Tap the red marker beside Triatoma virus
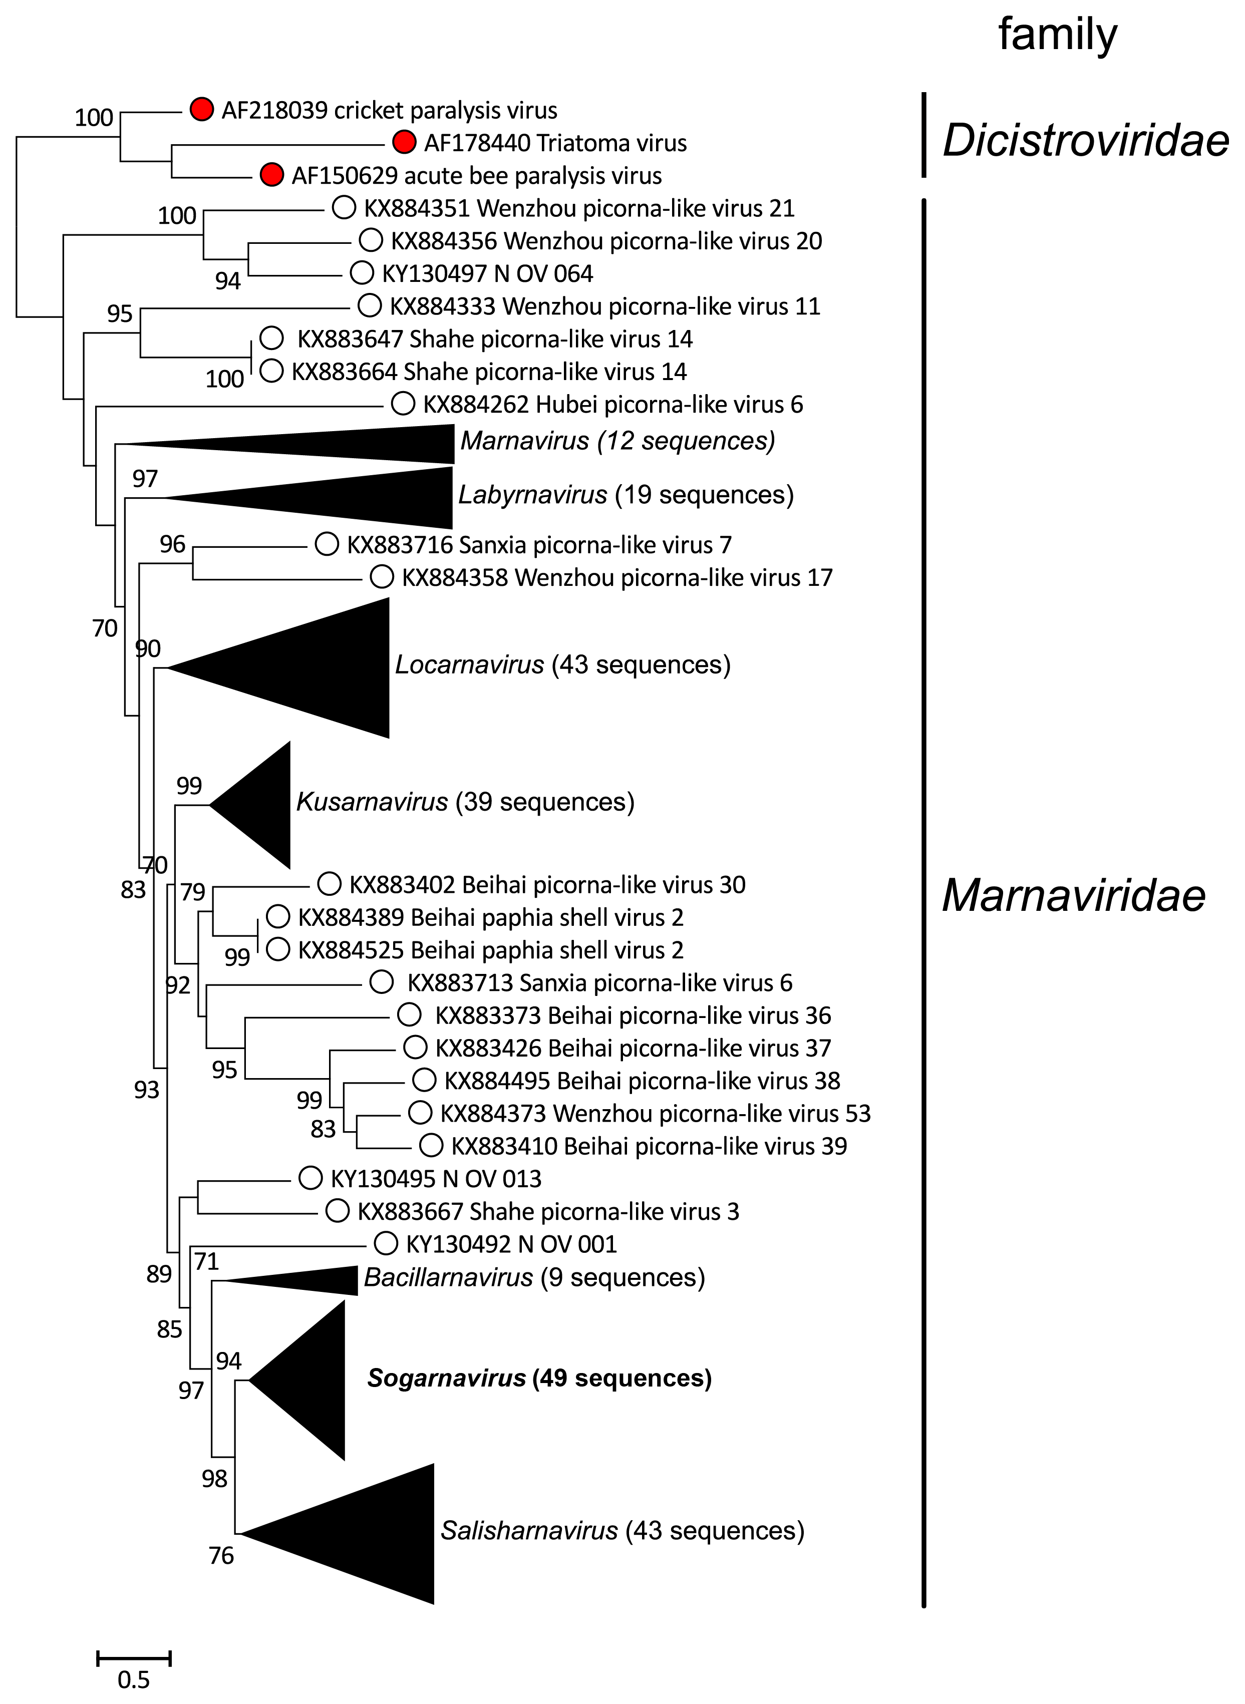pos(405,142)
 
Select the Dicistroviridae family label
pos(1085,141)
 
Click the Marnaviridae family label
pos(1073,896)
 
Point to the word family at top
pos(1057,36)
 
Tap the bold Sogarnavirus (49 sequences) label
pos(539,1379)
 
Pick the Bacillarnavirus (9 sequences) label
pos(533,1277)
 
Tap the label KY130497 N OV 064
pos(487,273)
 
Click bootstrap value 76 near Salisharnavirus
pos(221,1556)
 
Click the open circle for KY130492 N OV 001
pos(386,1244)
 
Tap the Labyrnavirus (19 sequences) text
pos(626,495)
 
